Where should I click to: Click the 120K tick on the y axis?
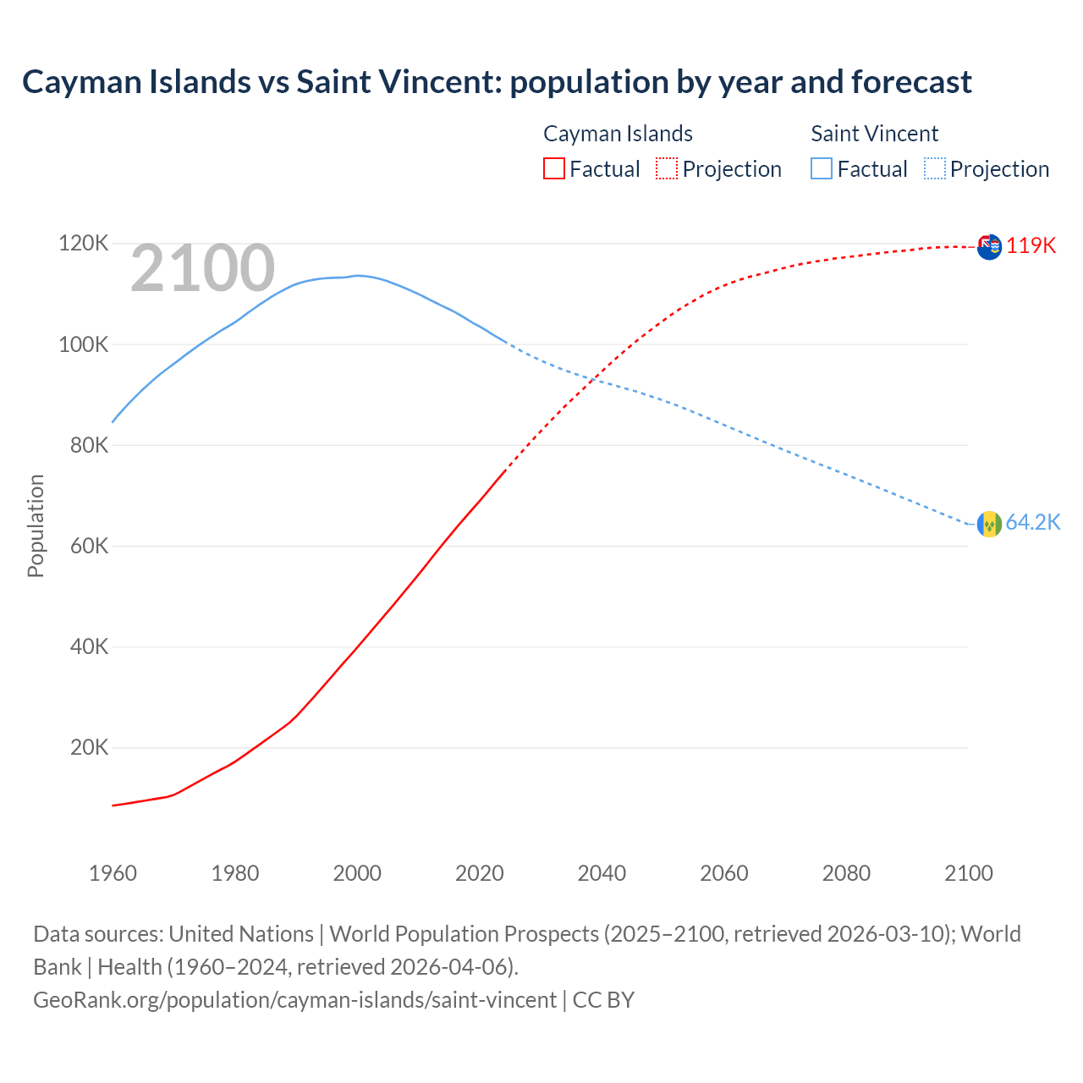coord(84,244)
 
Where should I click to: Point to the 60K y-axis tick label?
coord(89,547)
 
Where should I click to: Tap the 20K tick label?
coord(89,748)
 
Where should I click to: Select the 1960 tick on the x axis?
coord(113,873)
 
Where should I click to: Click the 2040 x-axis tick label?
coord(602,873)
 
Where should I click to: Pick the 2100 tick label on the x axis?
coord(968,873)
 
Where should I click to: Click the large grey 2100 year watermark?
coord(202,269)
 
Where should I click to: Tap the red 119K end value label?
coord(1031,245)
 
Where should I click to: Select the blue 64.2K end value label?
coord(1032,523)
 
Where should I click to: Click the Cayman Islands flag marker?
coord(989,247)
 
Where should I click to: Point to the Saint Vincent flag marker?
coord(989,525)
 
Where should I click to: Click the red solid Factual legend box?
coord(554,169)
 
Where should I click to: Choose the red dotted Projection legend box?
coord(667,169)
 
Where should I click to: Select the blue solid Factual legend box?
coord(822,169)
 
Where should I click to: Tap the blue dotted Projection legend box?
coord(935,169)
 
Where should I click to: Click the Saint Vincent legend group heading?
coord(874,134)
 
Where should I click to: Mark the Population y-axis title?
coord(36,525)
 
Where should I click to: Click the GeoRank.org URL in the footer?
coord(294,1000)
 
